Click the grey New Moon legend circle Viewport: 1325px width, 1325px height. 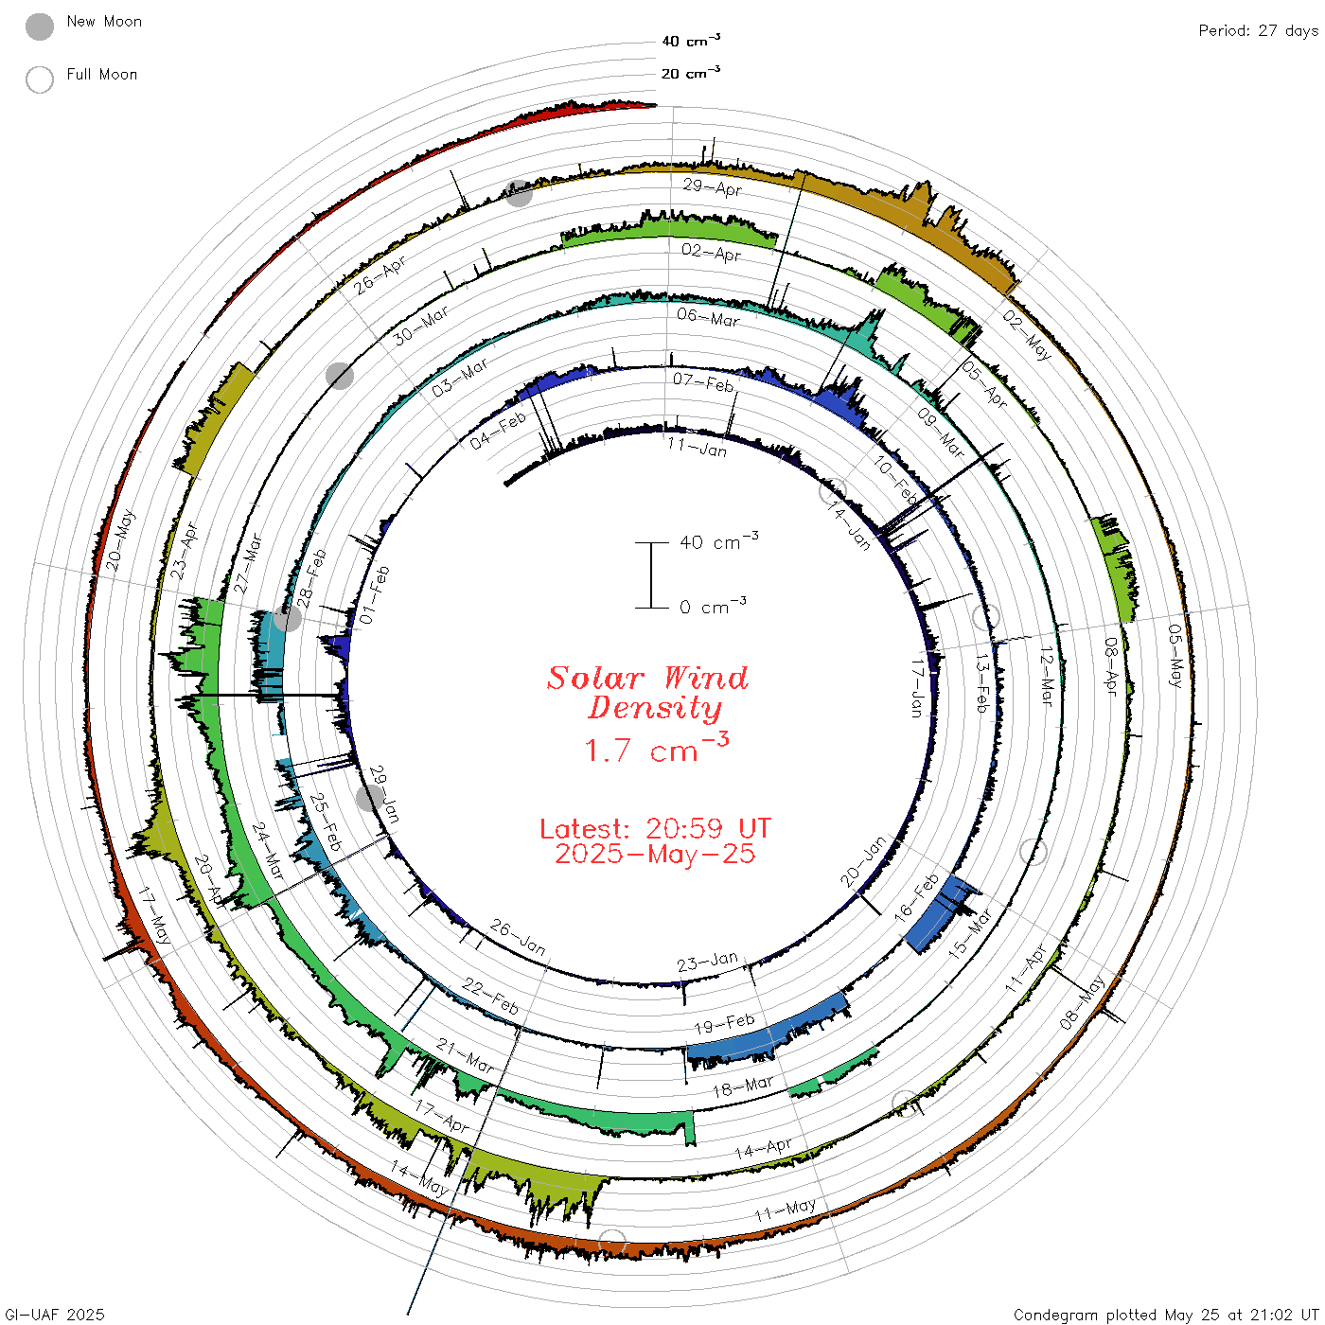click(39, 26)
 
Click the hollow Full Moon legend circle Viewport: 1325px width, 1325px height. click(39, 79)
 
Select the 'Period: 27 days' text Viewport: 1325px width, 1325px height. click(1258, 31)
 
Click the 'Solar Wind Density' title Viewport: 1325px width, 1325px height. click(648, 693)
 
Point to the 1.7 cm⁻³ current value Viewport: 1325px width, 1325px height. click(656, 748)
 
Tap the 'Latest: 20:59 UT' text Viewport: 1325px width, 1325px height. click(655, 828)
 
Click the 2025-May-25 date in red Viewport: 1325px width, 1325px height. click(655, 854)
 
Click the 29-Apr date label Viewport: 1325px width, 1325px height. click(713, 186)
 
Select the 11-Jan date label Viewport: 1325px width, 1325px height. click(697, 447)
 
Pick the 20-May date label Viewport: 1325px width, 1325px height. click(119, 539)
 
